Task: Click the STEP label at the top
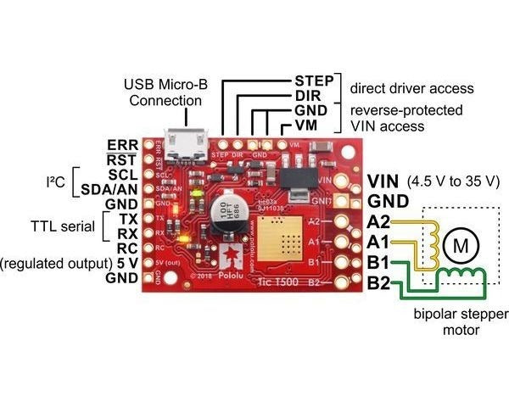pos(314,81)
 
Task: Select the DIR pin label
pos(307,96)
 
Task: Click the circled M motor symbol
pos(461,246)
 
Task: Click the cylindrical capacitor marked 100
pos(229,217)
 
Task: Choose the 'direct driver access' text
pos(411,88)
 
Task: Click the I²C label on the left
pos(56,181)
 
